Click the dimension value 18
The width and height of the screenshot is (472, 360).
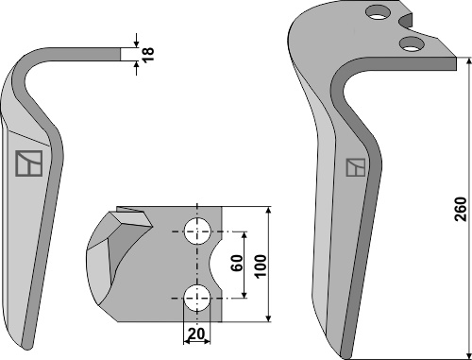[148, 54]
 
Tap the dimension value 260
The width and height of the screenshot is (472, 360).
[462, 209]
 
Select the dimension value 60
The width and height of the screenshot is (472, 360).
[237, 263]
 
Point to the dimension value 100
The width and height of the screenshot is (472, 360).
[261, 266]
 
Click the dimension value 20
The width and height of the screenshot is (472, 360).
[195, 334]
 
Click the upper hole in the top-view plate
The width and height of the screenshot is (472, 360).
[197, 231]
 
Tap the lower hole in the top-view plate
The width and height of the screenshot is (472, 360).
[197, 298]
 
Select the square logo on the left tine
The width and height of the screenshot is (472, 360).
[29, 163]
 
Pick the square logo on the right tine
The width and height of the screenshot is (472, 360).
[356, 167]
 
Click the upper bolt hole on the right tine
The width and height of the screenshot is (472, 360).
[378, 12]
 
